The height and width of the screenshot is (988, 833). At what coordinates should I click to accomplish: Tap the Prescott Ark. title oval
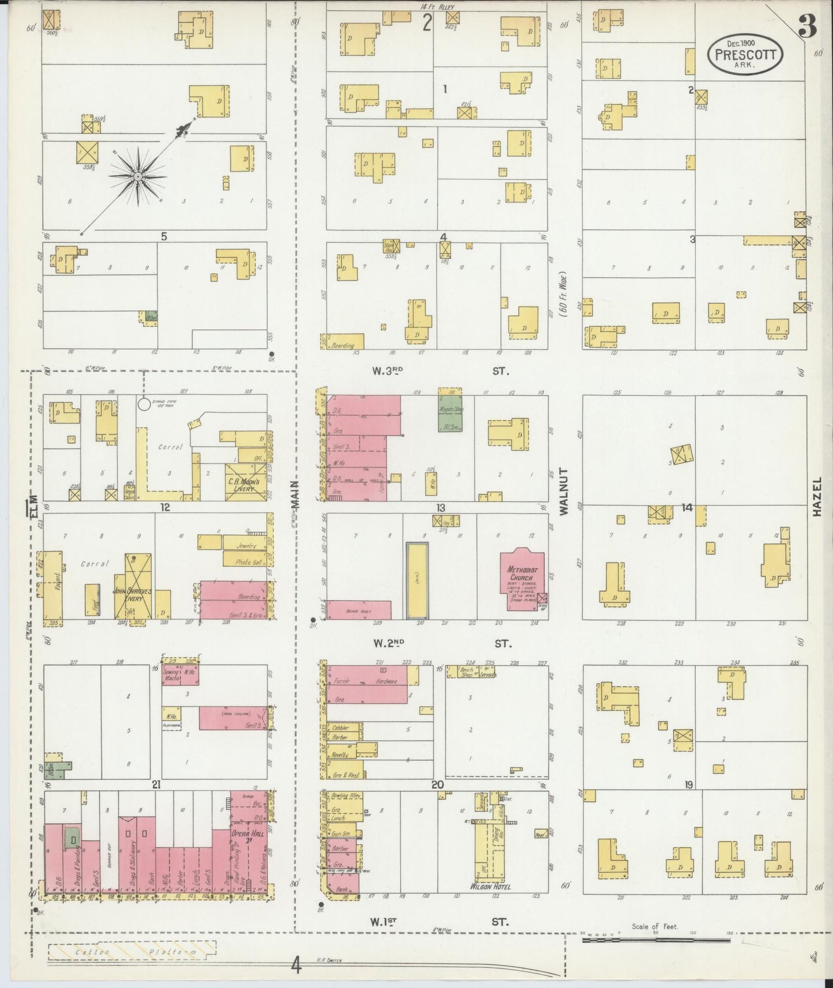(x=745, y=54)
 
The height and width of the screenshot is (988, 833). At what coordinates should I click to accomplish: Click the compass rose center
(x=139, y=175)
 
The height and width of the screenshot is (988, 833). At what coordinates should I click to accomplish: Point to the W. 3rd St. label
(x=438, y=372)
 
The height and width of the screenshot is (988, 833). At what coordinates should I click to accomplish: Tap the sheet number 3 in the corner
(x=811, y=27)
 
